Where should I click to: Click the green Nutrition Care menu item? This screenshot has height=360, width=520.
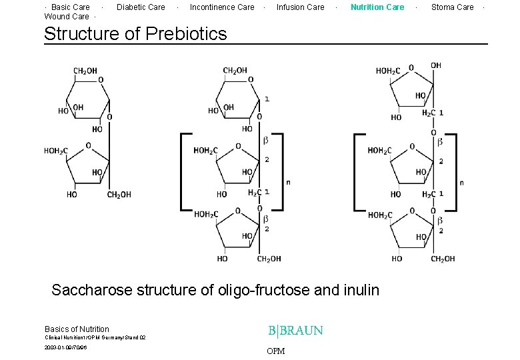tap(377, 7)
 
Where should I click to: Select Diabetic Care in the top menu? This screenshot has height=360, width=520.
tap(141, 7)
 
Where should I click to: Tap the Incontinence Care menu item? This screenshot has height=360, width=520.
tap(222, 7)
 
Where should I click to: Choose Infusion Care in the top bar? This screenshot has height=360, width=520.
tap(300, 7)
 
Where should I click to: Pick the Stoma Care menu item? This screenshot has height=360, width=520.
tap(452, 7)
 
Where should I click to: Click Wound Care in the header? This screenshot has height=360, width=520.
tap(66, 17)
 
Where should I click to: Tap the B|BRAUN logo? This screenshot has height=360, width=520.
tap(295, 331)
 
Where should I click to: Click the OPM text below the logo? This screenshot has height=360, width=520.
tap(275, 351)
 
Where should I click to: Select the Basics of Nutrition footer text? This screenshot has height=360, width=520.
tap(77, 329)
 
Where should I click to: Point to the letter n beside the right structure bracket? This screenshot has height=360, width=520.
tap(462, 183)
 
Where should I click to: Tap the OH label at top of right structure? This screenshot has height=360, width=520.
tap(435, 65)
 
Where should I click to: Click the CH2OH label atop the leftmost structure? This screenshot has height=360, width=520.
tap(85, 71)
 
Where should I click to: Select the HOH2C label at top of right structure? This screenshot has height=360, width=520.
tap(388, 71)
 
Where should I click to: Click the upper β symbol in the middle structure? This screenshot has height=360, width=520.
tap(265, 140)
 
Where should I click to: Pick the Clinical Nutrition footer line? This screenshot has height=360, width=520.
tap(95, 338)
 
